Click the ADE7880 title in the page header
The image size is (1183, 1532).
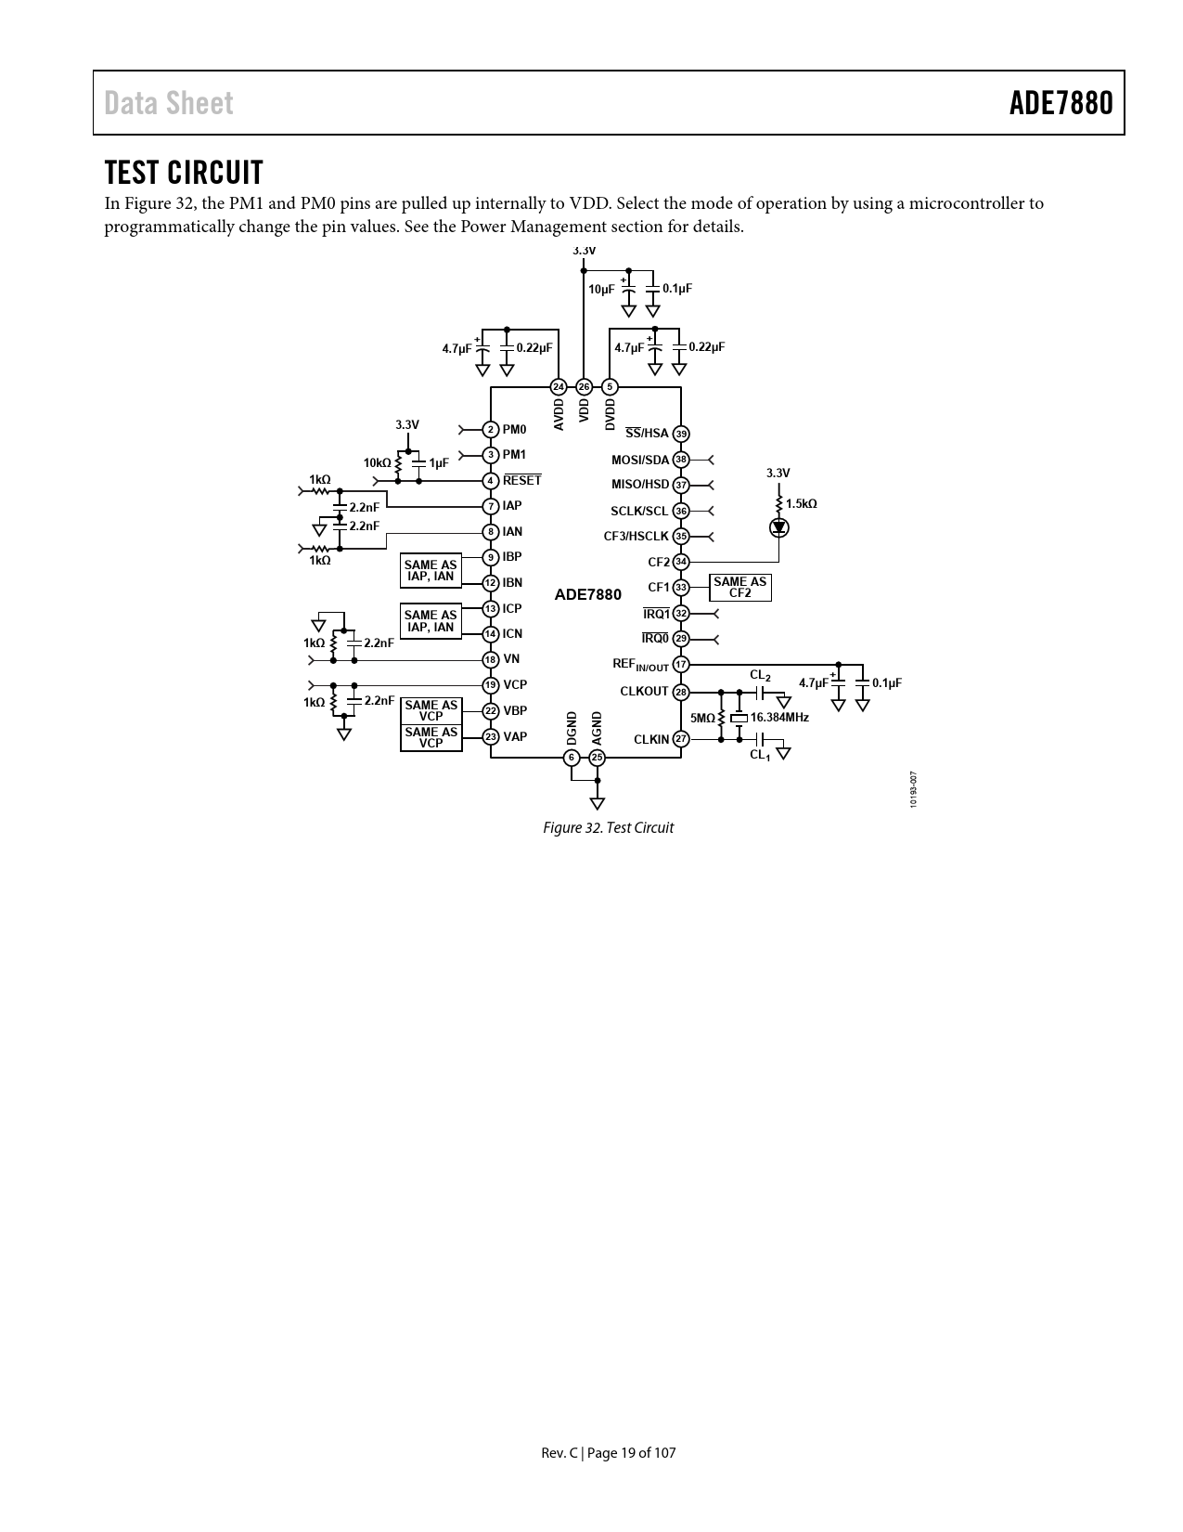[x=1061, y=103]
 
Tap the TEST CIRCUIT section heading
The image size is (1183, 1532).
[x=184, y=173]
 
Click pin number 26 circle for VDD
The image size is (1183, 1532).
[x=584, y=386]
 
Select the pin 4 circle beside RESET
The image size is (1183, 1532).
[x=491, y=481]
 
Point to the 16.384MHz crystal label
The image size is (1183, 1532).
[x=779, y=718]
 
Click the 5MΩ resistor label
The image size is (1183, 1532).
[x=702, y=719]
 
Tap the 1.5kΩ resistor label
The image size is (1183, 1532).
[x=802, y=503]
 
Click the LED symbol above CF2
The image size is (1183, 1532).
[x=778, y=527]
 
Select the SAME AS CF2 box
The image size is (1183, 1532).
[x=739, y=588]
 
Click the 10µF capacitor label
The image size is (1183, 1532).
[x=601, y=289]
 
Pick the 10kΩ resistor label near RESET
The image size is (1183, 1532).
[x=377, y=462]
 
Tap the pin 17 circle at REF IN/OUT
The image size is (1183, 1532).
[x=681, y=665]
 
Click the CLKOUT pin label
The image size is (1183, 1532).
[x=644, y=692]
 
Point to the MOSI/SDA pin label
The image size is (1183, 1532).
[x=639, y=460]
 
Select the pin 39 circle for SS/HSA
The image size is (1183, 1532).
[x=681, y=434]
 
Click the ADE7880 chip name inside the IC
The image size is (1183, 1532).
[x=588, y=594]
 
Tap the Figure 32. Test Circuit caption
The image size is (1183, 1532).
[x=608, y=827]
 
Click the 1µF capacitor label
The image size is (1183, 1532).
[x=439, y=462]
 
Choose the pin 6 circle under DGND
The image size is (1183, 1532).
[x=572, y=758]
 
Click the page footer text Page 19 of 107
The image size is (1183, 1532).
[x=609, y=1453]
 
